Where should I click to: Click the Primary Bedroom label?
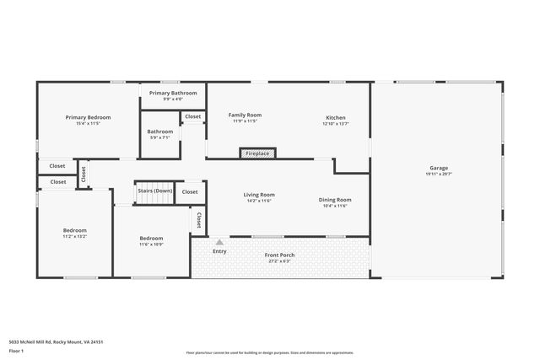pyautogui.click(x=89, y=117)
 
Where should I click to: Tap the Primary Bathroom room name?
pyautogui.click(x=173, y=93)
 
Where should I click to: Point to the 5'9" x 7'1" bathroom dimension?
pyautogui.click(x=159, y=137)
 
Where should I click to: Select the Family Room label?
pyautogui.click(x=245, y=115)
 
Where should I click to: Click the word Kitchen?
pyautogui.click(x=336, y=117)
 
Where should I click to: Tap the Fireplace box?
pyautogui.click(x=257, y=153)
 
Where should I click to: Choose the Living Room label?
pyautogui.click(x=259, y=195)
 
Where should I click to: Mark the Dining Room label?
pyautogui.click(x=334, y=200)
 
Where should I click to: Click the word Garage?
pyautogui.click(x=438, y=168)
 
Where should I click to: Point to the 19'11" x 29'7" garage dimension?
pyautogui.click(x=438, y=174)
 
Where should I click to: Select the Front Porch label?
pyautogui.click(x=279, y=255)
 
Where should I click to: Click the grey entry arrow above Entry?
pyautogui.click(x=219, y=242)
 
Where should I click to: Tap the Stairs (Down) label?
pyautogui.click(x=154, y=191)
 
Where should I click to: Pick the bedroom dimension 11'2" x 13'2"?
pyautogui.click(x=74, y=236)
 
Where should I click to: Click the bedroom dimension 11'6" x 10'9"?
pyautogui.click(x=151, y=244)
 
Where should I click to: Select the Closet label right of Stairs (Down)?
pyautogui.click(x=190, y=191)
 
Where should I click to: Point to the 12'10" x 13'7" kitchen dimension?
pyautogui.click(x=336, y=123)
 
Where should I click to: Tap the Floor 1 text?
pyautogui.click(x=16, y=350)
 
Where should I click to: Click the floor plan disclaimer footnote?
pyautogui.click(x=270, y=353)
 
